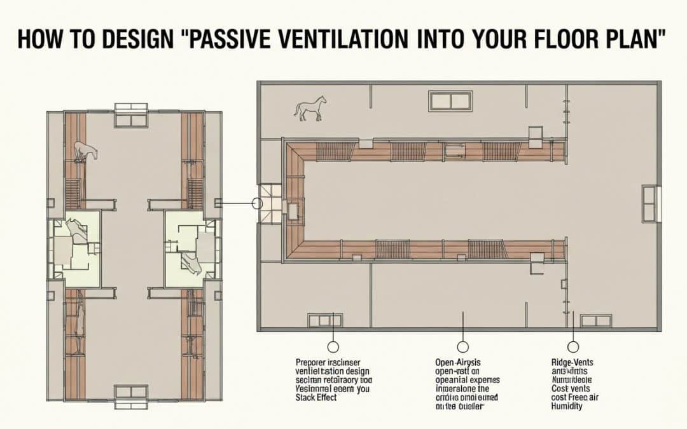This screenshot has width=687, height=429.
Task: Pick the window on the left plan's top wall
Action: click(131, 115)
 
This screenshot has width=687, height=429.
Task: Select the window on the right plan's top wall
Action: click(450, 100)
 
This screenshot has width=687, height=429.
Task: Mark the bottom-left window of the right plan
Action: click(324, 320)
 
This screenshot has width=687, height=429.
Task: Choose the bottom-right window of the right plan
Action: click(596, 320)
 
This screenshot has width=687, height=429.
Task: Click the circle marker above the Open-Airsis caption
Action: click(463, 347)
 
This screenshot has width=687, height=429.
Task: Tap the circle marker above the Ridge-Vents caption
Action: click(573, 347)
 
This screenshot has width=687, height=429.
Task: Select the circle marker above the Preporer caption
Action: click(332, 347)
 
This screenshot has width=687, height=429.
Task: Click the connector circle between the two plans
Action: click(258, 203)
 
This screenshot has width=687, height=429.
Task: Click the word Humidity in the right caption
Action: click(567, 406)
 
